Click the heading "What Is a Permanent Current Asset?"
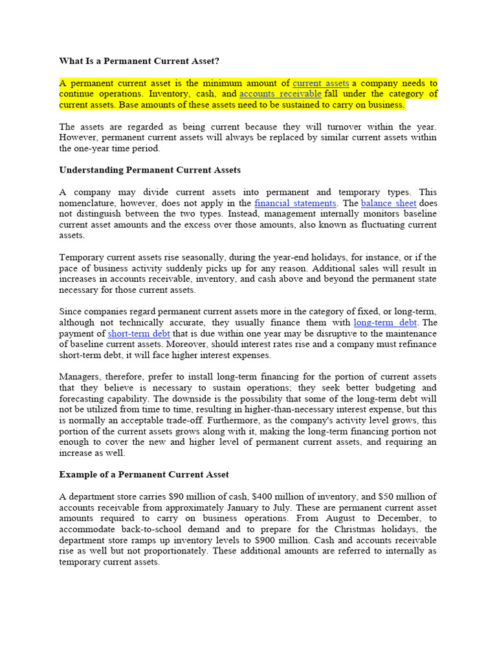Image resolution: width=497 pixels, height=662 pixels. click(x=139, y=61)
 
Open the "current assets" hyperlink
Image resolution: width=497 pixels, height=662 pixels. click(x=320, y=83)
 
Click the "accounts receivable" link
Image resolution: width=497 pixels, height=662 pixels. click(x=280, y=94)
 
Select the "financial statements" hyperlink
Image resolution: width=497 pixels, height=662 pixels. click(x=295, y=203)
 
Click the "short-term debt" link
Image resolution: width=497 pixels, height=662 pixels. click(x=139, y=334)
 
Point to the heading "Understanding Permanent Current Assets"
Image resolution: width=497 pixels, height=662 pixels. click(x=149, y=170)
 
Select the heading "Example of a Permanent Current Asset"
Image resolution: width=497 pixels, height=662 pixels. click(x=144, y=475)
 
